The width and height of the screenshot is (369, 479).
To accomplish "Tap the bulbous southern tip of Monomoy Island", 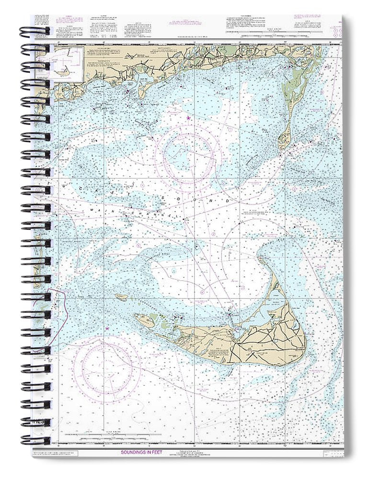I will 284,140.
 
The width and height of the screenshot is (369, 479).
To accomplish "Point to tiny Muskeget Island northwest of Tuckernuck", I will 122,297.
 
